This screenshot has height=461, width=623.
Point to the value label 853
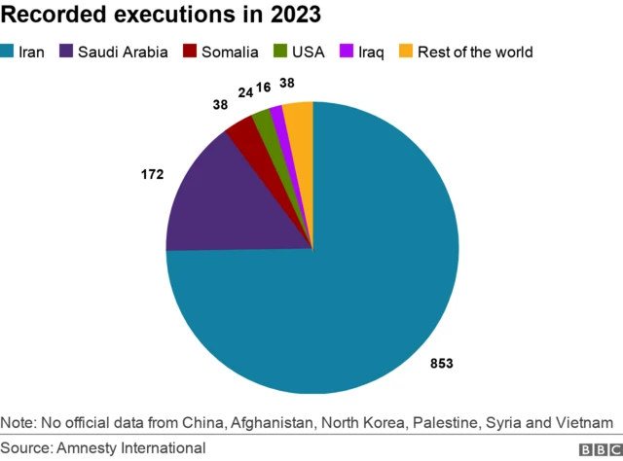pos(442,363)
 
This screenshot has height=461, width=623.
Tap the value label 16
pos(263,88)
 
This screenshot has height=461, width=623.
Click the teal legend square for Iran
pos(8,52)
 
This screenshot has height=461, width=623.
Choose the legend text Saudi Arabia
pos(122,52)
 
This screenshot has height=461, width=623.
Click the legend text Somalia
pos(231,52)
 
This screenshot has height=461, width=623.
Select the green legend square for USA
pos(279,52)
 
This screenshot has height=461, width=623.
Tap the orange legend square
pos(406,52)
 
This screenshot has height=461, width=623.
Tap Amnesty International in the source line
pos(130,447)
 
